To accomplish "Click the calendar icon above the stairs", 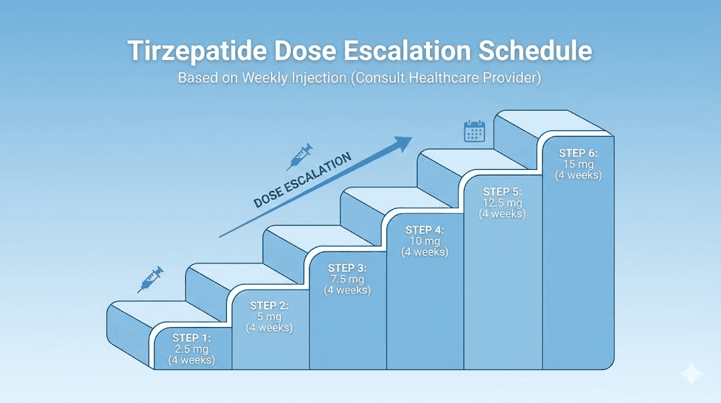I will point(474,131).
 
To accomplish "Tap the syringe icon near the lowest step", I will point(151,279).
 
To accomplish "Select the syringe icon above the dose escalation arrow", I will point(301,156).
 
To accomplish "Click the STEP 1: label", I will point(192,337).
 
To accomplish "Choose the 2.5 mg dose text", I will point(192,349).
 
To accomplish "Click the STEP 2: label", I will point(269,305).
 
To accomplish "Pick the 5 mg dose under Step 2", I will point(269,316).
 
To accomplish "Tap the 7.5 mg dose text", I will point(347,278).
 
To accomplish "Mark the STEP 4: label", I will point(425,230).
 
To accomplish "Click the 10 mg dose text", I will point(425,241).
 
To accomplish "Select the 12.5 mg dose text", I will point(502,203).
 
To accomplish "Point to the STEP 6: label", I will point(579,153).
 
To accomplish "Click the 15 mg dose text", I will point(579,164).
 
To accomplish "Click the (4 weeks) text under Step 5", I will point(502,214).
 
